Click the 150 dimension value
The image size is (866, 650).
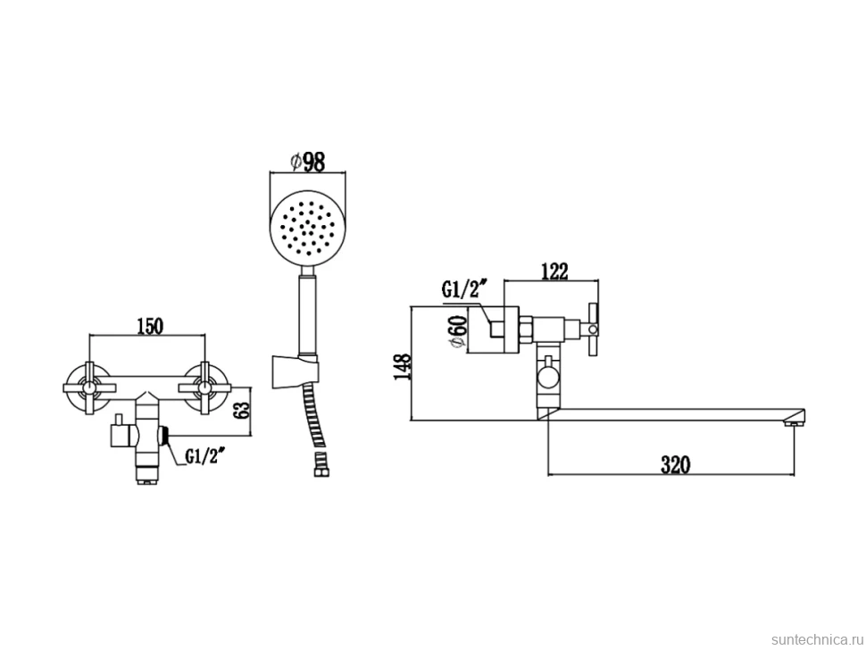click(150, 327)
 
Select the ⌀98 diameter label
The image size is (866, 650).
click(308, 162)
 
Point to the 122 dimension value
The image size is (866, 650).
click(555, 271)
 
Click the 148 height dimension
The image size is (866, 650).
click(403, 365)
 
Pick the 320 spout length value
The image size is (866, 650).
click(676, 465)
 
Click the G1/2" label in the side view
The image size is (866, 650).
click(464, 289)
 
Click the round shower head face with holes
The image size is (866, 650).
click(308, 228)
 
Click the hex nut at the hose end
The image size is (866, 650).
click(320, 471)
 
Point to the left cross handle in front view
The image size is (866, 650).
click(87, 388)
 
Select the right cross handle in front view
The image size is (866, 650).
click(205, 388)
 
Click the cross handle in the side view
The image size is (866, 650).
click(593, 329)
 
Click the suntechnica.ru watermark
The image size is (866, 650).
click(817, 639)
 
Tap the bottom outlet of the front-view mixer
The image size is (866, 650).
click(147, 475)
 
